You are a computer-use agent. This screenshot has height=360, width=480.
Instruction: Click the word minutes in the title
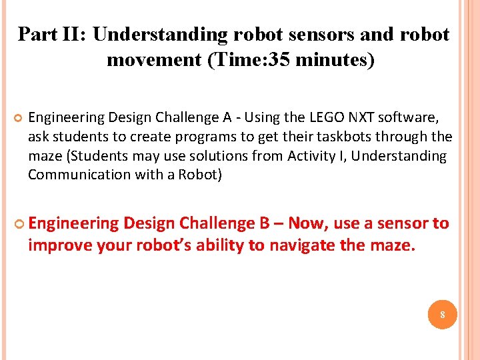[x=333, y=60]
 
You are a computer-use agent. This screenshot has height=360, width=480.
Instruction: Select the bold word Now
[x=311, y=223]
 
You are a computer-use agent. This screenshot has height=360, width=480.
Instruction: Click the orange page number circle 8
[x=442, y=314]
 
